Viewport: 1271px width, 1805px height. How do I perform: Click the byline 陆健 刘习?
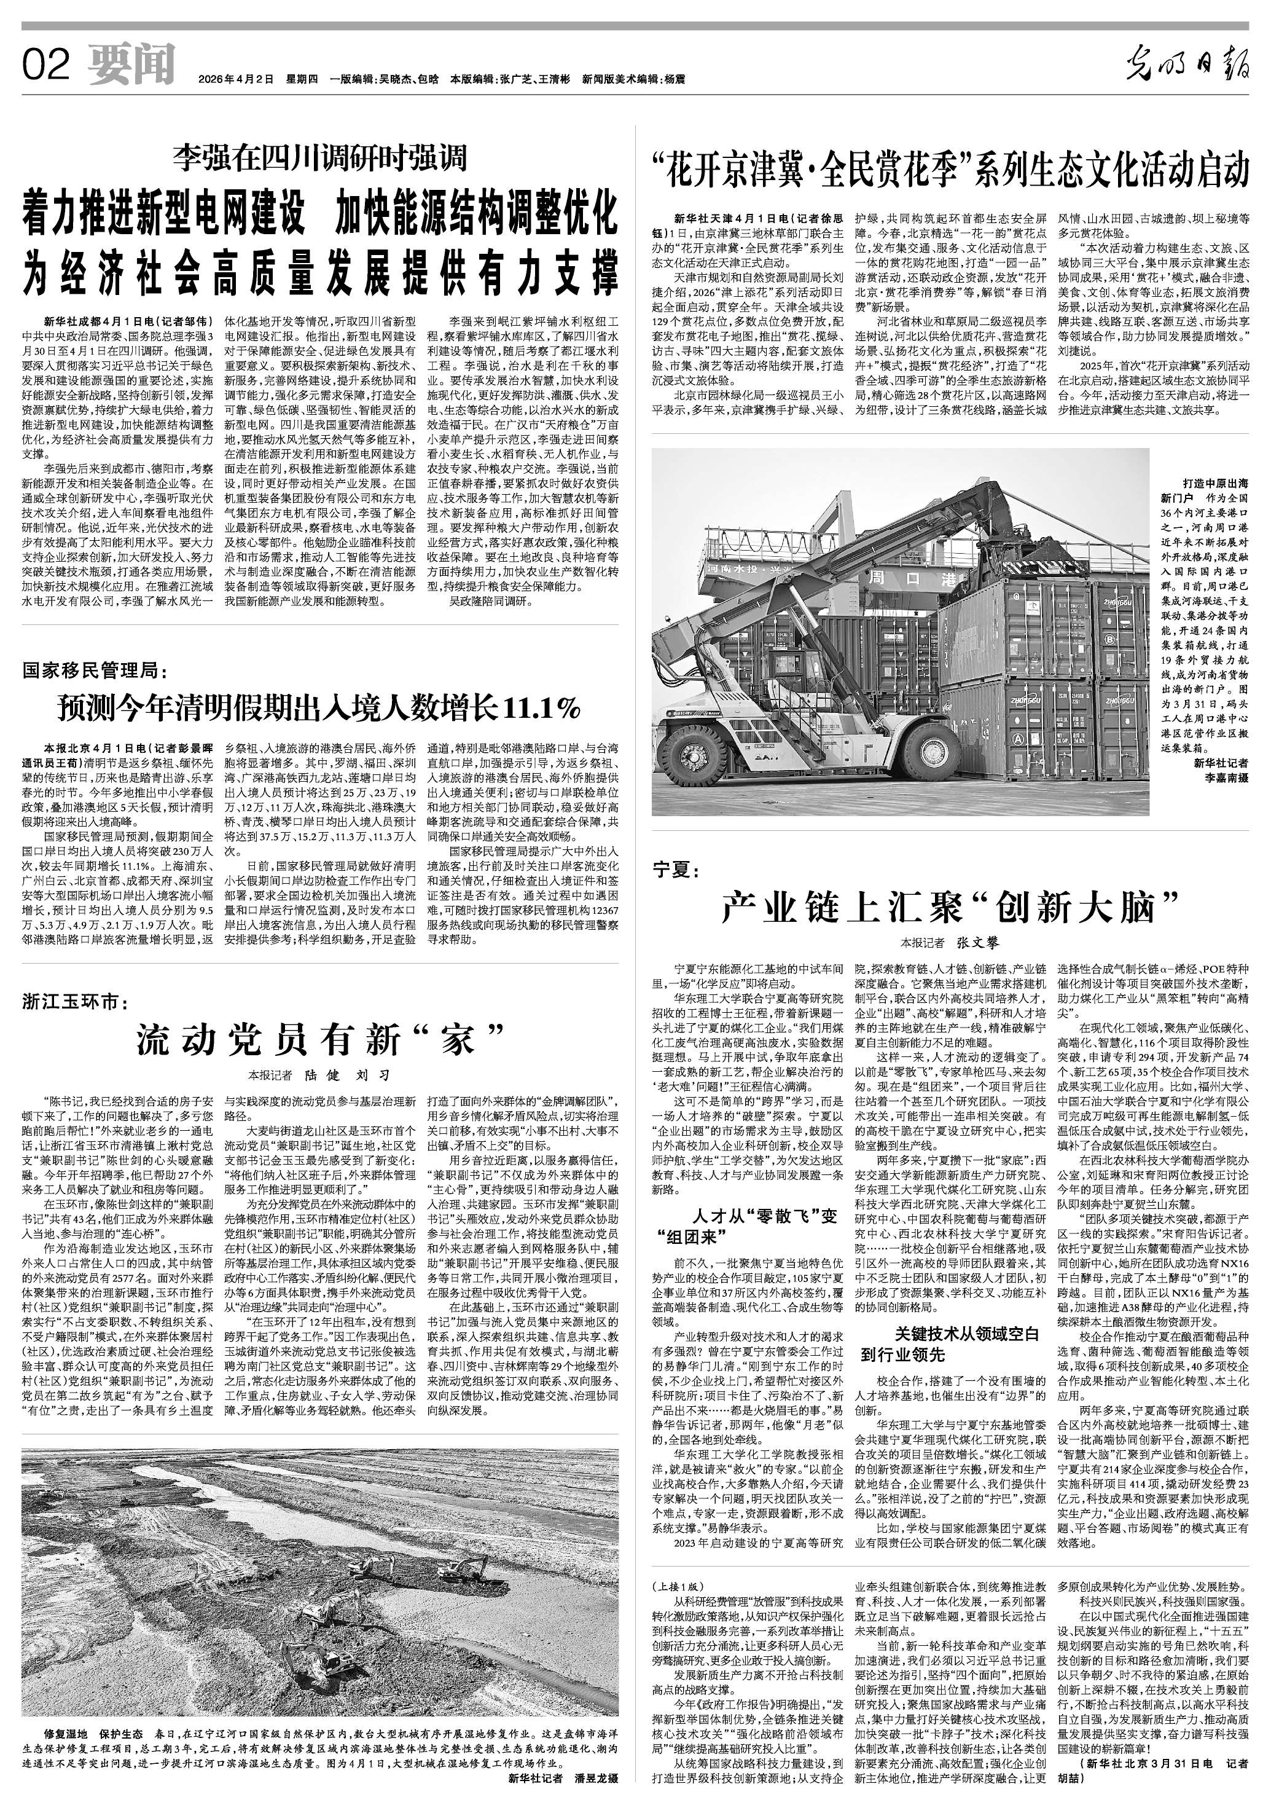[346, 1076]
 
